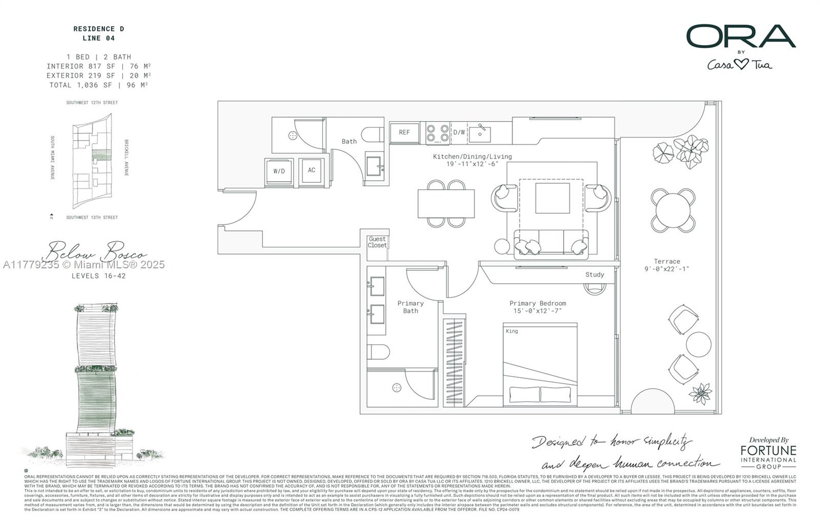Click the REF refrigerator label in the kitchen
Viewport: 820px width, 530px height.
click(x=404, y=133)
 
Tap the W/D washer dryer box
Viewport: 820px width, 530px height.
click(x=279, y=171)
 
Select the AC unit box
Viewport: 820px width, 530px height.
click(x=312, y=170)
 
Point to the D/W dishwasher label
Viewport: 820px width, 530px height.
click(x=459, y=133)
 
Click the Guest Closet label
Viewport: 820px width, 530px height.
click(x=377, y=242)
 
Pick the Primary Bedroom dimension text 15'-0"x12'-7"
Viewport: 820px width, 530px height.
click(x=538, y=311)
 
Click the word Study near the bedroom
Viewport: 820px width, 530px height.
click(x=594, y=275)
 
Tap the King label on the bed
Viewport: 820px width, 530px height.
click(x=512, y=331)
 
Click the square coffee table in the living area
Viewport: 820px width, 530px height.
click(x=552, y=198)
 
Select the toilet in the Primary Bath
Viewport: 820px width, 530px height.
click(x=378, y=352)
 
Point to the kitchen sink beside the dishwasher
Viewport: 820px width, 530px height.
click(x=480, y=133)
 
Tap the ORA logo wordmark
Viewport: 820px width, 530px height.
click(x=741, y=36)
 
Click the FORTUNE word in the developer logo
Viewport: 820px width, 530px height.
click(x=768, y=451)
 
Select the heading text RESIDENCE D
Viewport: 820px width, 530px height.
click(x=98, y=29)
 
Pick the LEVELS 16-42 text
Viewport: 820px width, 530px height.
click(x=98, y=276)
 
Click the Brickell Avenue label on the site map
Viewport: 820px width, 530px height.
click(x=126, y=158)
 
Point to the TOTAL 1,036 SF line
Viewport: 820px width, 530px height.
click(x=98, y=86)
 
